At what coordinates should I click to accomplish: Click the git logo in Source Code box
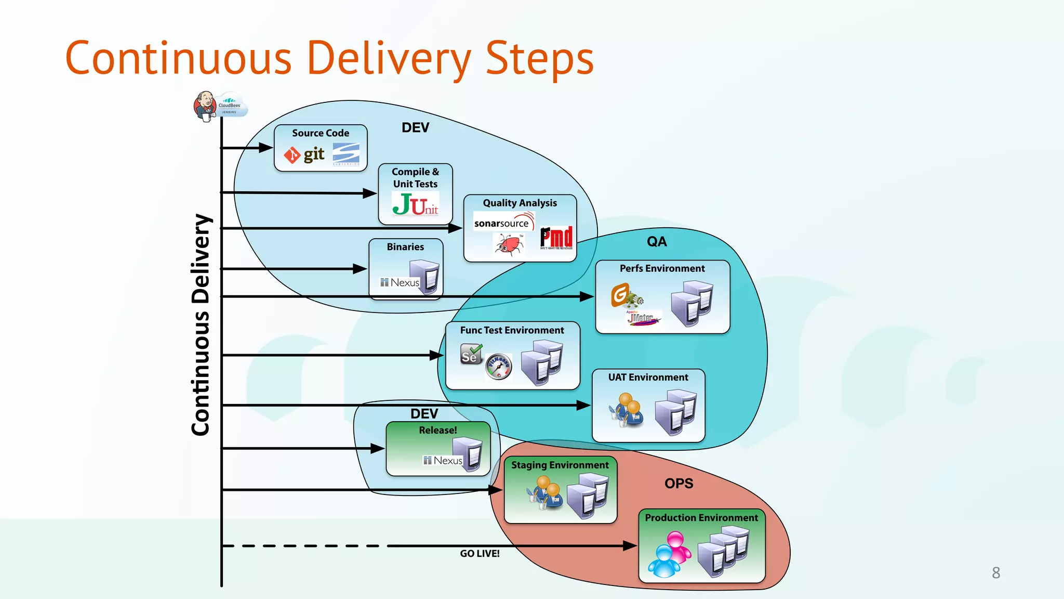coord(304,154)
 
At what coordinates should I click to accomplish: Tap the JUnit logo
coord(416,204)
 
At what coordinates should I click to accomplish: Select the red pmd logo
coord(556,238)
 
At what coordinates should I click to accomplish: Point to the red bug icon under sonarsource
coord(509,244)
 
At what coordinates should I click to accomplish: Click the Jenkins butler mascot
coord(205,106)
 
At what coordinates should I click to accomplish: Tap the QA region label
coord(657,242)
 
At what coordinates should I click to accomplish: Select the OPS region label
coord(679,484)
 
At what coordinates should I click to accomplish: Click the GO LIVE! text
coord(480,554)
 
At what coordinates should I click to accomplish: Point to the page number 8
coord(995,573)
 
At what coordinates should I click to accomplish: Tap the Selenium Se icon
coord(471,354)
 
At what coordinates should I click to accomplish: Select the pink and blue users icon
coord(670,554)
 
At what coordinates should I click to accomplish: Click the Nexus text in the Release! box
coord(447,461)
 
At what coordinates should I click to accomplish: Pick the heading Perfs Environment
coord(662,269)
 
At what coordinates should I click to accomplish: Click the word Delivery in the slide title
coord(389,59)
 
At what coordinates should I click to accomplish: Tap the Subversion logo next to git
coord(346,154)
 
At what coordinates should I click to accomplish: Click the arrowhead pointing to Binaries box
coord(360,269)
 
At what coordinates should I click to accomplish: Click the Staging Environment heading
coord(560,465)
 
